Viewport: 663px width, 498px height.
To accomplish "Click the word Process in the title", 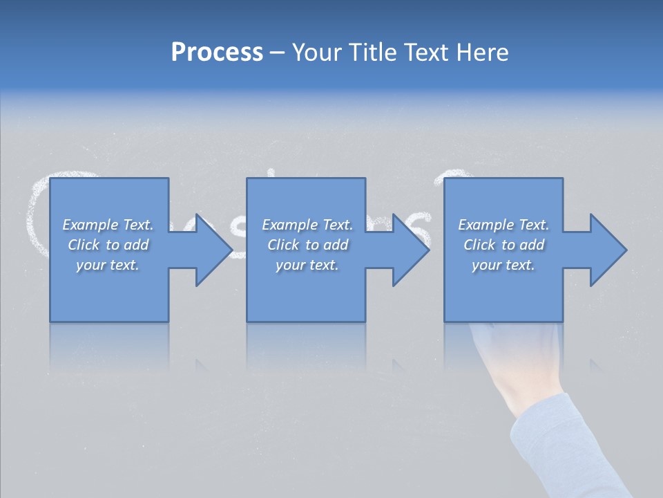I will click(x=217, y=53).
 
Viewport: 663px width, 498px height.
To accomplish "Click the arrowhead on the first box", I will click(x=207, y=250).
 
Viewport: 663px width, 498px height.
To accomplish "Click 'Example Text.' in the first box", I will click(x=108, y=225).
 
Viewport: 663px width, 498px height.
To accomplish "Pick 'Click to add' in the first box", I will click(x=108, y=245).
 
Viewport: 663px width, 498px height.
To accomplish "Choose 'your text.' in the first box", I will click(x=108, y=265).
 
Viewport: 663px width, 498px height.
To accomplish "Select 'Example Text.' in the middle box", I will click(x=307, y=225).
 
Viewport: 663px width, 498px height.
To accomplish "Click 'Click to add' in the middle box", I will click(x=307, y=245).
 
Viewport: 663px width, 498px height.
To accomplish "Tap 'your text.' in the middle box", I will click(x=307, y=265).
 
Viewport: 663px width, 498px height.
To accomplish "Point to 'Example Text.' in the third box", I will click(x=503, y=225).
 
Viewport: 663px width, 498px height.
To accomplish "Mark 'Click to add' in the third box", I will click(x=503, y=245).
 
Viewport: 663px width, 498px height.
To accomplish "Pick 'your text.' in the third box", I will click(x=503, y=265).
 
